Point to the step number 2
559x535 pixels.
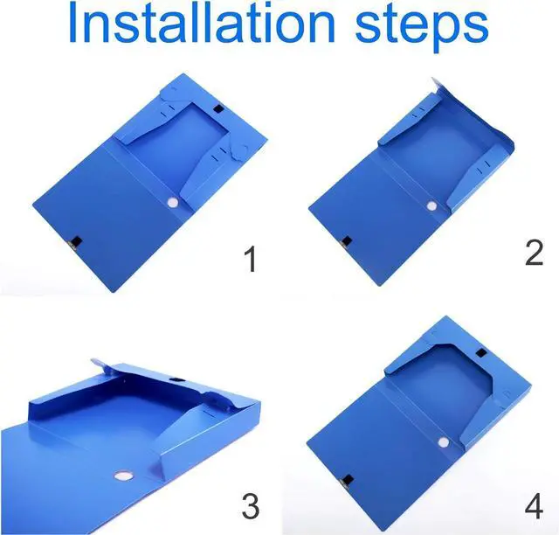click(534, 253)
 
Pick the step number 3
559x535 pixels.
click(251, 506)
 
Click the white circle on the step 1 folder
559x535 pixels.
click(173, 203)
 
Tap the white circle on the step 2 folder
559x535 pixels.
click(431, 206)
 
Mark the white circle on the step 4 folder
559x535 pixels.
click(444, 443)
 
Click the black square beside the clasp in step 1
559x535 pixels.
click(77, 241)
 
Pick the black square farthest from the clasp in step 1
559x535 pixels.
click(217, 108)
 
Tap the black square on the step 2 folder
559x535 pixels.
click(347, 241)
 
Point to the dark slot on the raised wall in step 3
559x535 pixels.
click(176, 380)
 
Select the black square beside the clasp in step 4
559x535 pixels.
click(349, 480)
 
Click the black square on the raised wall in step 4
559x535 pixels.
click(481, 353)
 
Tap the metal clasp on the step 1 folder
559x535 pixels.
click(72, 245)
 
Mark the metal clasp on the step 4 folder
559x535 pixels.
click(344, 483)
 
